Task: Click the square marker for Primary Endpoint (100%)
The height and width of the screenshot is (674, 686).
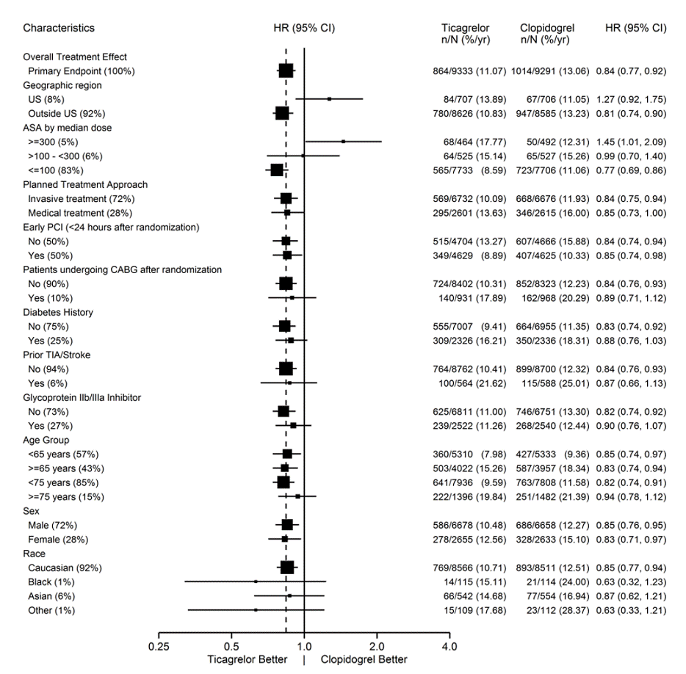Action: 286,71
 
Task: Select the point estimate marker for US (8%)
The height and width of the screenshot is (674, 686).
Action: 330,99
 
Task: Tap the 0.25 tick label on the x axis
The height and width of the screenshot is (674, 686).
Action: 159,646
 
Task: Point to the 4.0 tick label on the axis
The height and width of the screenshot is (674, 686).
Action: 449,646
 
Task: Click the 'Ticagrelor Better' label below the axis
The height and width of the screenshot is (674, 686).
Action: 248,659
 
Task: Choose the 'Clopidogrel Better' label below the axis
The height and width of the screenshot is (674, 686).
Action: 364,659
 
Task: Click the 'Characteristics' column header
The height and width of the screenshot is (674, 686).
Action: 59,28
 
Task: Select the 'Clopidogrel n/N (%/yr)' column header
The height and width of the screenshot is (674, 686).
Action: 547,34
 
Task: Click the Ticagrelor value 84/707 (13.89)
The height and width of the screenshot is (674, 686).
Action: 474,99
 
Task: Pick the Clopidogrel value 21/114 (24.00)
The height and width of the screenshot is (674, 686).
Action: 557,582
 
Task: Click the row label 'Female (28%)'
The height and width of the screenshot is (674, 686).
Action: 58,540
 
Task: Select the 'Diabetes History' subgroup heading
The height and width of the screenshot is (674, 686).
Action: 58,312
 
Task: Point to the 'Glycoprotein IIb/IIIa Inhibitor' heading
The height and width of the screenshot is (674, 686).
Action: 82,398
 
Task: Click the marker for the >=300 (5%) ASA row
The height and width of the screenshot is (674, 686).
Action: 344,142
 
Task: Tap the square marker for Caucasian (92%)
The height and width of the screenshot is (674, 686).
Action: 287,568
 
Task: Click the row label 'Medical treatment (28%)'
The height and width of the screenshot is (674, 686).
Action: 80,213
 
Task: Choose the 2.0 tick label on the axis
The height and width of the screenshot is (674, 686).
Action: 377,646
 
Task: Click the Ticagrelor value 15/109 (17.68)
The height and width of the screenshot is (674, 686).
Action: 474,611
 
